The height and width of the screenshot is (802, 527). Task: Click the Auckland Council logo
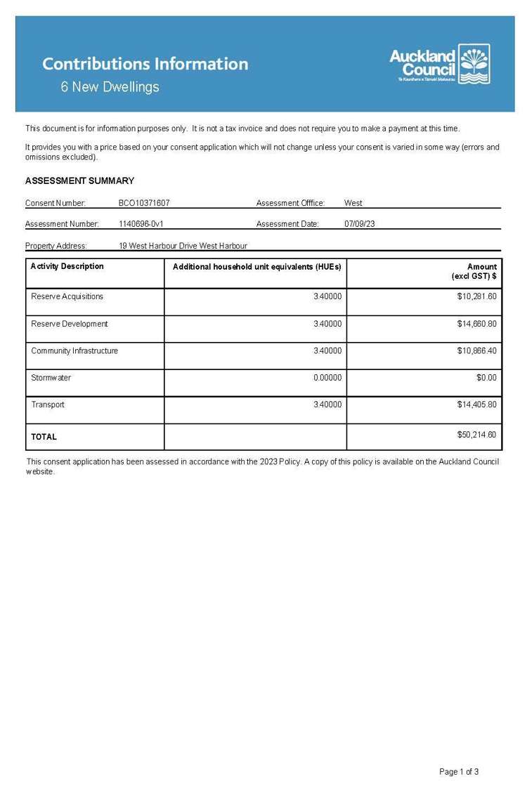tap(440, 64)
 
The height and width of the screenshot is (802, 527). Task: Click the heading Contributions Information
tap(145, 64)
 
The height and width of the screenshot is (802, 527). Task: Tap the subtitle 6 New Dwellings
tap(110, 87)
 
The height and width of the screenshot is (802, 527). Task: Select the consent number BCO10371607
tap(144, 203)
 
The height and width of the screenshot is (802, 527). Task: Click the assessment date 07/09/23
tap(360, 224)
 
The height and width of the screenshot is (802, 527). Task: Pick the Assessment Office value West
tap(353, 203)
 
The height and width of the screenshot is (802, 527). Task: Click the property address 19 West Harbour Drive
tap(183, 246)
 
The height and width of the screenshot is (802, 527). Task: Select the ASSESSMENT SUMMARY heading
tap(79, 180)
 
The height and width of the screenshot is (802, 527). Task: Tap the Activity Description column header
tap(67, 266)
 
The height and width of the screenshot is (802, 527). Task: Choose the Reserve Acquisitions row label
tap(67, 296)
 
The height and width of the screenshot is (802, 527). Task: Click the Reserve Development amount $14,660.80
tap(476, 324)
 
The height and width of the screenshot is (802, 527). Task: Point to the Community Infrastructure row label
tap(74, 350)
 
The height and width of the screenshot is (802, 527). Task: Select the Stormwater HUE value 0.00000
tap(327, 378)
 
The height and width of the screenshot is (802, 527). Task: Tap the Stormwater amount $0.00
tap(486, 378)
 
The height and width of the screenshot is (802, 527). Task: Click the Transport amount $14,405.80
tap(476, 405)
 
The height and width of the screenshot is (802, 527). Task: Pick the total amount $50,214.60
tap(476, 435)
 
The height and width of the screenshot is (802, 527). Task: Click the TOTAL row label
tap(44, 437)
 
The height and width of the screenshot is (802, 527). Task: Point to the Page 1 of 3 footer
tap(459, 772)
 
